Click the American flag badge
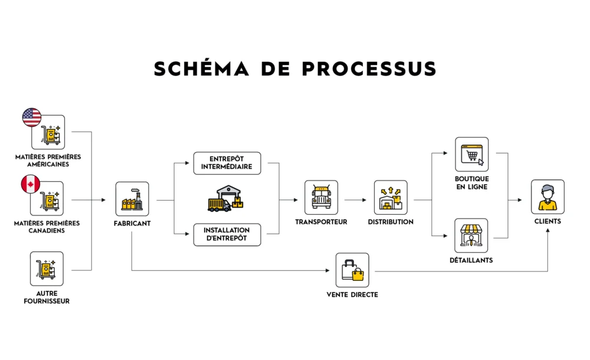point(32,117)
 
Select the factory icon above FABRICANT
point(132,199)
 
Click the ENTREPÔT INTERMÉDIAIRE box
point(227,163)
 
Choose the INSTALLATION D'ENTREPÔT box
point(227,234)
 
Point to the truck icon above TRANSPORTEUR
point(322,198)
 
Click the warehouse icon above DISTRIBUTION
point(391,198)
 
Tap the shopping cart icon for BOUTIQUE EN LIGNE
point(471,155)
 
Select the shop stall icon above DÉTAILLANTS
point(471,235)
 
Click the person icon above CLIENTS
point(548,197)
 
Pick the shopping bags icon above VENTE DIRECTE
point(352,270)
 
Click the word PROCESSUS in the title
point(369,69)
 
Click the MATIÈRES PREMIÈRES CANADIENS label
point(48,227)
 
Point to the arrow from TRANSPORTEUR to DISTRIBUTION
point(356,200)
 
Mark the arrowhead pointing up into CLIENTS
point(548,231)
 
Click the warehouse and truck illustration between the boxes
point(225,199)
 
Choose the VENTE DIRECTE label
point(352,294)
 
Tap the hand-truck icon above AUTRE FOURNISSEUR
point(47,269)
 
